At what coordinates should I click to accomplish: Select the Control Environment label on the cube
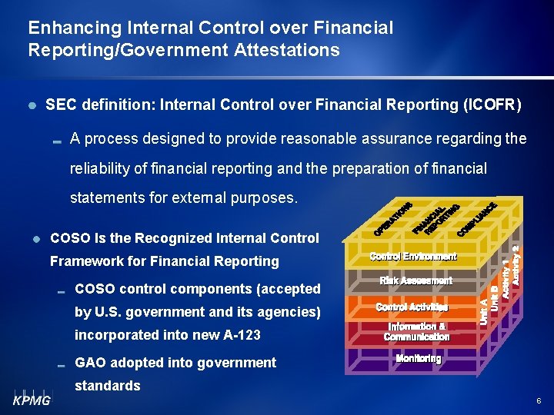pyautogui.click(x=413, y=256)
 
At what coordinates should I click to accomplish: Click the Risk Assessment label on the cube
pyautogui.click(x=415, y=281)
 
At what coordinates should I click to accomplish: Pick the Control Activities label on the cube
pyautogui.click(x=412, y=307)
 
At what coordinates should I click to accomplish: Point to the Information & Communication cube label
pyautogui.click(x=416, y=332)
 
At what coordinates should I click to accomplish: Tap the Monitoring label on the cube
pyautogui.click(x=418, y=359)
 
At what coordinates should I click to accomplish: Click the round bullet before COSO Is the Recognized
pyautogui.click(x=35, y=239)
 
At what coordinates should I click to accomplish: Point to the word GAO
pyautogui.click(x=90, y=363)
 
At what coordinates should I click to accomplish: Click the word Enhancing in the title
pyautogui.click(x=63, y=28)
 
